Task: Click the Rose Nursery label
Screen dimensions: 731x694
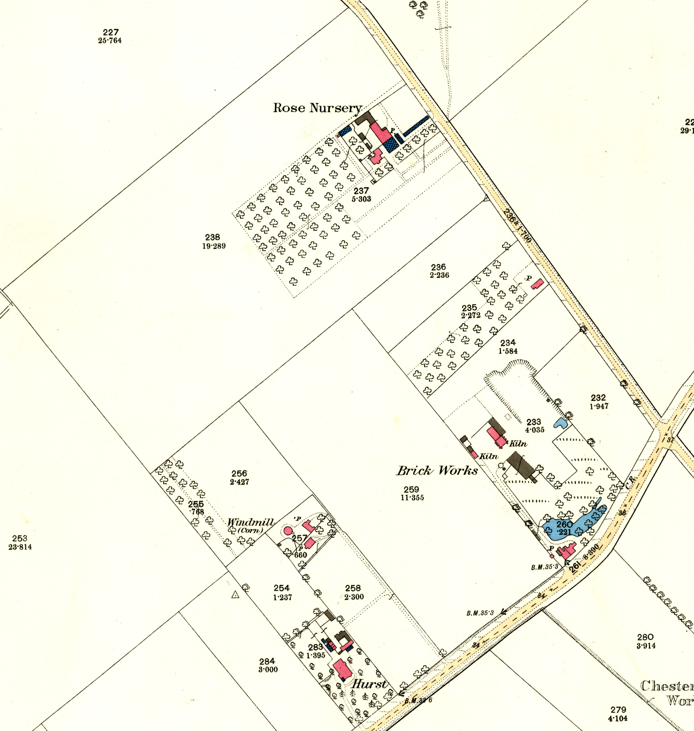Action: click(x=317, y=108)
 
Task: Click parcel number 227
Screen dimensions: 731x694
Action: click(x=111, y=33)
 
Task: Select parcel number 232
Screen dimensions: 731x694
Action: click(x=598, y=398)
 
